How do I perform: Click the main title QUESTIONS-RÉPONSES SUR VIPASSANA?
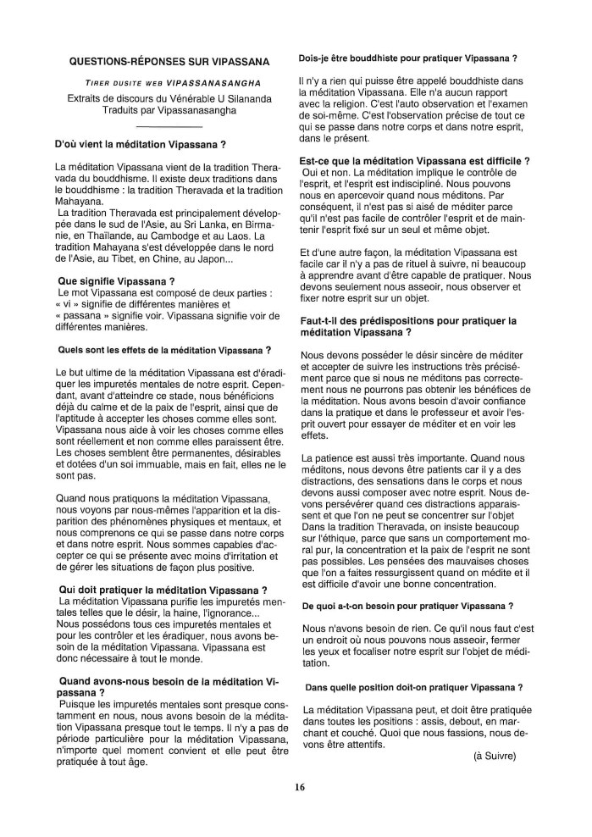[169, 61]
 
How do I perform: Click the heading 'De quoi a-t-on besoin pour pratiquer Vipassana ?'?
[407, 606]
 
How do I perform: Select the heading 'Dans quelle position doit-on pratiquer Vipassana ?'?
[413, 687]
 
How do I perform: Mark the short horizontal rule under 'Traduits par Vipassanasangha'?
[169, 125]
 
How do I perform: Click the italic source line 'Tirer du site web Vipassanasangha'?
[169, 83]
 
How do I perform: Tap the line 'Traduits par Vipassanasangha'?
[169, 110]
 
